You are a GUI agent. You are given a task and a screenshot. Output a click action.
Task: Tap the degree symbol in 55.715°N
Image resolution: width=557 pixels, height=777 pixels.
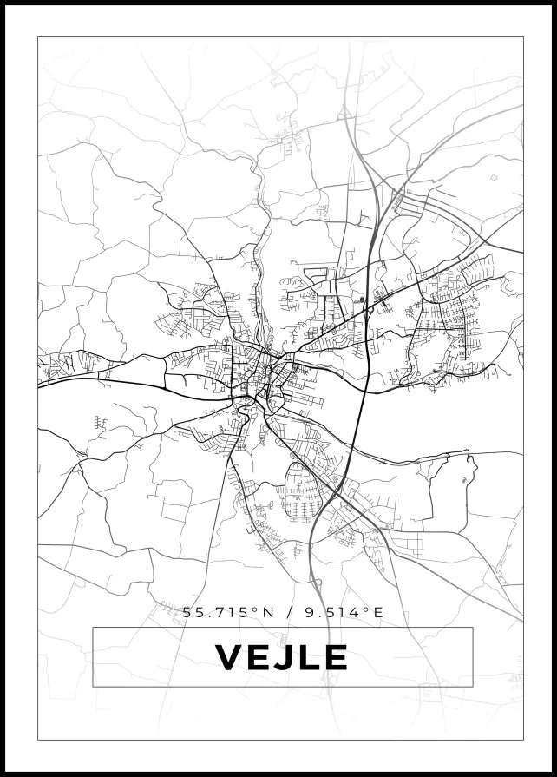(x=254, y=609)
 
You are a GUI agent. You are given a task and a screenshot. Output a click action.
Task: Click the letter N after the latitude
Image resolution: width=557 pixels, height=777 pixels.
(x=267, y=612)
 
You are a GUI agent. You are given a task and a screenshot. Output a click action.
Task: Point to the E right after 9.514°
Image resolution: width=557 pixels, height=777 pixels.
(x=377, y=612)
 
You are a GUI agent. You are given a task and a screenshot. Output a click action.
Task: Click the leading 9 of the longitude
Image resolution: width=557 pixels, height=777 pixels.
(x=310, y=612)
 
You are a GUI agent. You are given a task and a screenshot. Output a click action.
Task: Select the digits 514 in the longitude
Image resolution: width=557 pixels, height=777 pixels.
(x=344, y=612)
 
